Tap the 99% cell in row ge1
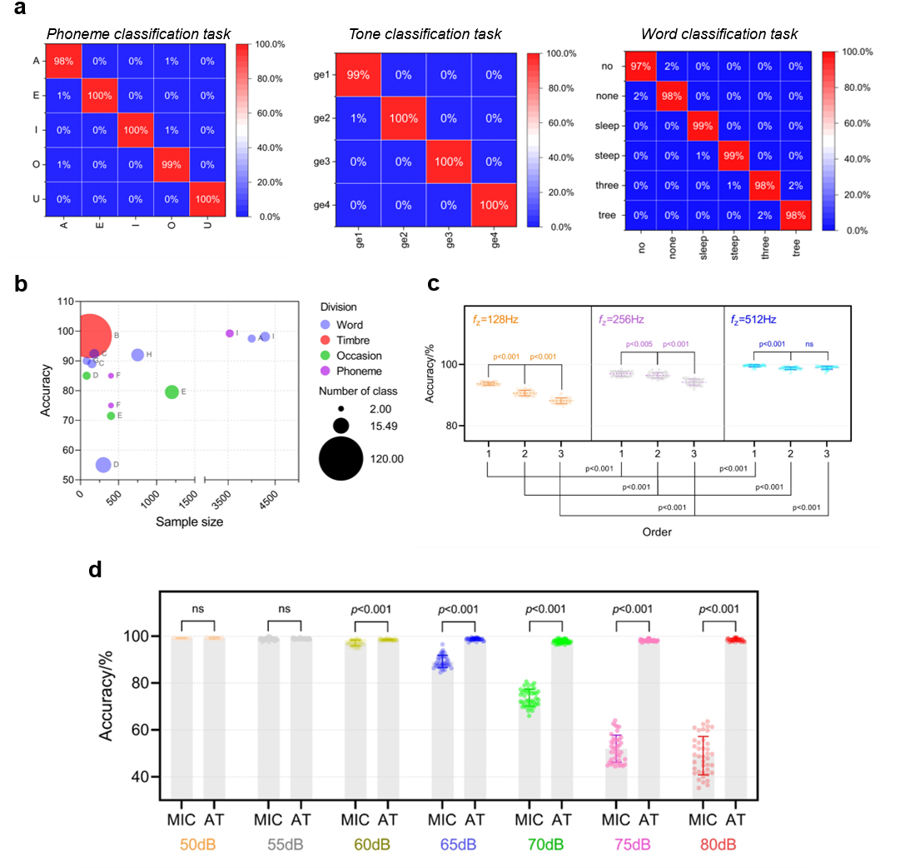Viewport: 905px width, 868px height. [x=357, y=75]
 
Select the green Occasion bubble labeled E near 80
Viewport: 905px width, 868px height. [x=172, y=392]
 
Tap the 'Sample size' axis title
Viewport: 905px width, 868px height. [x=189, y=521]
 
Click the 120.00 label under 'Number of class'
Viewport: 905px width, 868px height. [x=386, y=458]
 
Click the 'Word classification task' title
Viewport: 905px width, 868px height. [x=719, y=34]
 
